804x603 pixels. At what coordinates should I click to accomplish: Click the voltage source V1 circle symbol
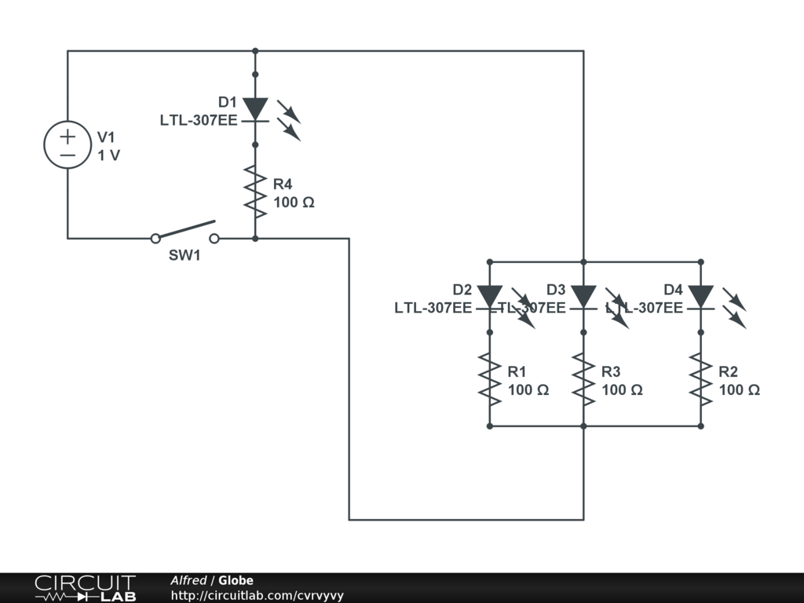coord(68,145)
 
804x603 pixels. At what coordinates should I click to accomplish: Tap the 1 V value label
coord(109,155)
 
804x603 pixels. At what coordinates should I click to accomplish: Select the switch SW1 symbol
coord(185,233)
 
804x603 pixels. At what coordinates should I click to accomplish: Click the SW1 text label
coord(185,255)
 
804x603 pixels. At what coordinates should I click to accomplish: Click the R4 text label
coord(283,185)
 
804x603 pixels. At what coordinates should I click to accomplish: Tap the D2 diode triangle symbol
coord(489,297)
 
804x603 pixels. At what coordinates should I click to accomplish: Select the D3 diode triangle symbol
coord(583,297)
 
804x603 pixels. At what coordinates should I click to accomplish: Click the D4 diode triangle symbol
coord(700,297)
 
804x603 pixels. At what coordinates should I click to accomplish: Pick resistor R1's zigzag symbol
coord(489,379)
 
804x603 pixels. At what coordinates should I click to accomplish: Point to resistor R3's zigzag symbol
coord(583,379)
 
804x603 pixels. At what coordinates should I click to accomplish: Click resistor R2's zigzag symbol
coord(700,379)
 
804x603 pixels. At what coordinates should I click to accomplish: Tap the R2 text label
coord(729,371)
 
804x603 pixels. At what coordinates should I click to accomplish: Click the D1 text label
coord(228,102)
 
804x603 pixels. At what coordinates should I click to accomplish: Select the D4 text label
coord(673,290)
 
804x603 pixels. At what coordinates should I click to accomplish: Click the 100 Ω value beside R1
coord(528,390)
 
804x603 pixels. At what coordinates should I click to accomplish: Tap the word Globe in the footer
coord(236,581)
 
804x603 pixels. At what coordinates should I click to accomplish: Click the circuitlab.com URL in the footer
coord(257,596)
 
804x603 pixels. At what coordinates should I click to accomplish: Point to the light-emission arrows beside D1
coord(289,120)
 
